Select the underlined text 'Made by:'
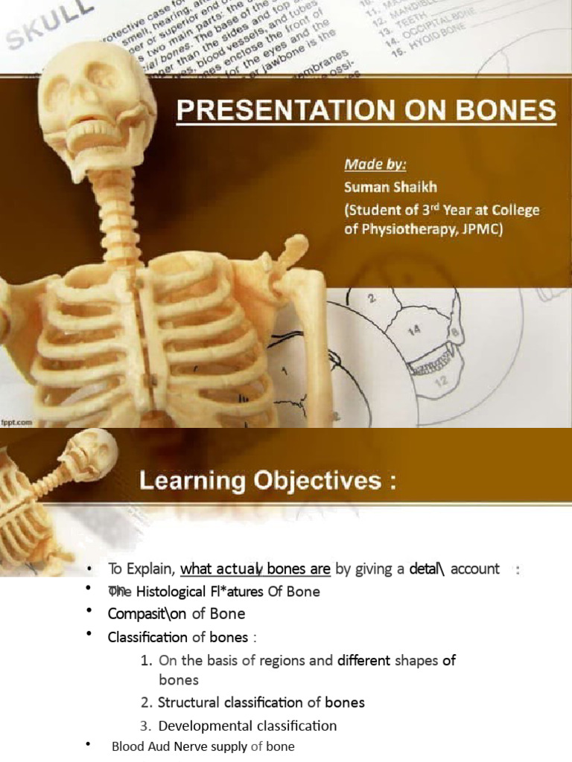370,162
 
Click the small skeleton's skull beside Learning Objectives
95,452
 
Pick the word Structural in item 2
188,702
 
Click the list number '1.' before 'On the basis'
146,660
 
